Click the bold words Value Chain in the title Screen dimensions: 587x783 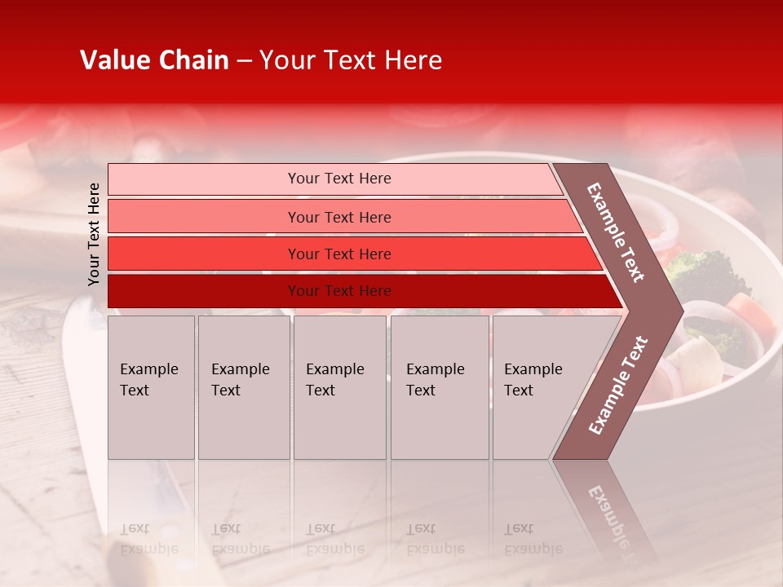(154, 60)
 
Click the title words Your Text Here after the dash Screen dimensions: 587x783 (351, 60)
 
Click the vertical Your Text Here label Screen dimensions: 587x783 (94, 234)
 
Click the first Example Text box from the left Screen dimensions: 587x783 (151, 387)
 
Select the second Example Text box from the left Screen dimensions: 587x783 (243, 387)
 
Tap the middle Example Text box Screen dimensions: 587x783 (339, 387)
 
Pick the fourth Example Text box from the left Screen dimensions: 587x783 (440, 387)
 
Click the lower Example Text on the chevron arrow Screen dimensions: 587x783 (618, 386)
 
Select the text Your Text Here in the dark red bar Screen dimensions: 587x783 (339, 291)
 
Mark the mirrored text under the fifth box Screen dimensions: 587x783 (532, 539)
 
